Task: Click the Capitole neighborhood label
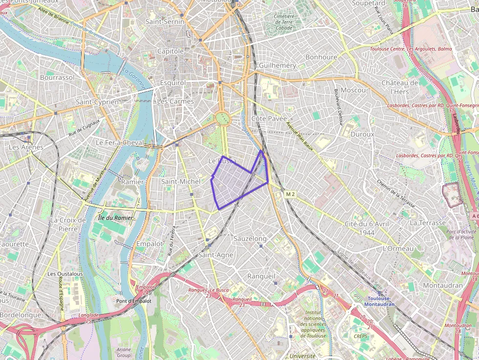[x=170, y=51]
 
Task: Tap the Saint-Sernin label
[x=165, y=21]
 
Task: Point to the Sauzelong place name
[x=250, y=238]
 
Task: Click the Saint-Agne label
[x=216, y=255]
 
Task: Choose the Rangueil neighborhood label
[x=261, y=276]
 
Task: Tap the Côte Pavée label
[x=269, y=119]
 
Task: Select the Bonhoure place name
[x=321, y=57]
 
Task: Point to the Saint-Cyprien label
[x=97, y=102]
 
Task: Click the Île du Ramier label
[x=116, y=217]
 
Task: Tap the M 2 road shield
[x=290, y=194]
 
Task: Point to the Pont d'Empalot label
[x=134, y=301]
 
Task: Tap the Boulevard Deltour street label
[x=338, y=106]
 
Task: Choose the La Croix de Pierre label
[x=68, y=224]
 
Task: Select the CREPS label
[x=361, y=336]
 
